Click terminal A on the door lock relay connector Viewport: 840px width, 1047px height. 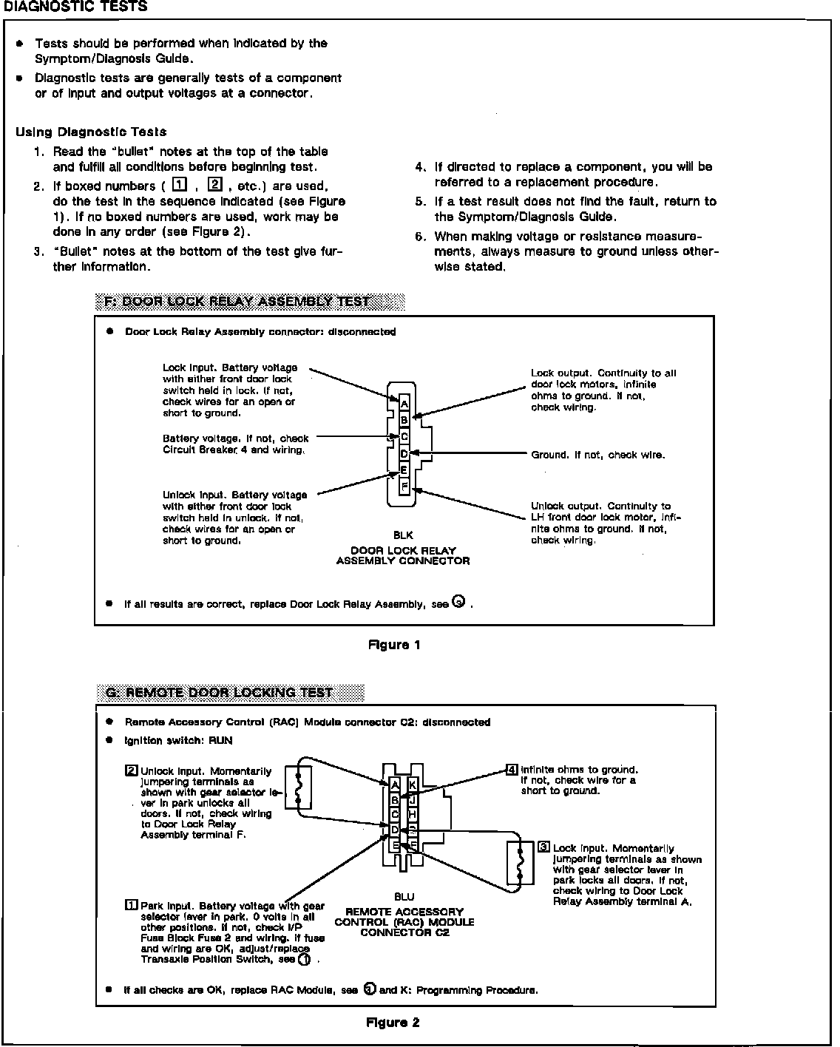(x=404, y=404)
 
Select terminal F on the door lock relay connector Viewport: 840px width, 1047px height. (x=404, y=487)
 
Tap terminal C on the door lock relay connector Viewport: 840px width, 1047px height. (x=404, y=437)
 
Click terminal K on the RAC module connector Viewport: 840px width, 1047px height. (x=413, y=785)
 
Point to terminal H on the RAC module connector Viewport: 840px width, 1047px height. (x=413, y=814)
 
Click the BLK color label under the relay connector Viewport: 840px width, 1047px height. (x=403, y=535)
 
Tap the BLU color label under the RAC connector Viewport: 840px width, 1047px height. (x=404, y=897)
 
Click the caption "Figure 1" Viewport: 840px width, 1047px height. (x=394, y=645)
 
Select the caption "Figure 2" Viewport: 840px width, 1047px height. (x=393, y=1023)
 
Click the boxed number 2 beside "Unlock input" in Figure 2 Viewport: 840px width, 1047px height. (x=132, y=771)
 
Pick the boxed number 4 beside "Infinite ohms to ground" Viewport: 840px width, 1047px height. (x=512, y=770)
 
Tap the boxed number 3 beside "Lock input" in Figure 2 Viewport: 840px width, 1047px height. (x=544, y=848)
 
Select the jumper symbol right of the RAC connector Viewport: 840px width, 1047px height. (x=521, y=864)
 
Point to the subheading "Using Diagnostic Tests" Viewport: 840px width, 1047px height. (x=91, y=132)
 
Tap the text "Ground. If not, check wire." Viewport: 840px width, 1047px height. (x=597, y=455)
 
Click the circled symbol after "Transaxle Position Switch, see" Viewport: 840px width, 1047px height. (x=304, y=959)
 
